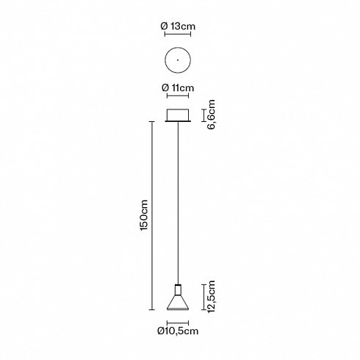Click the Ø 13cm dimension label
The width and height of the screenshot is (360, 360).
[x=178, y=26]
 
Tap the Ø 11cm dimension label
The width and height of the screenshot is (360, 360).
[x=178, y=87]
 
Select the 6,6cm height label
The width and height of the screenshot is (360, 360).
[x=211, y=115]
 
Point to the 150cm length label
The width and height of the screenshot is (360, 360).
[x=144, y=215]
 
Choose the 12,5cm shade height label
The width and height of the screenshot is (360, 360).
[x=211, y=297]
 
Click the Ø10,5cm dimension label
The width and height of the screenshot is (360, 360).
[x=178, y=331]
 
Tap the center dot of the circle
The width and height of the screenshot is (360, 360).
[x=178, y=60]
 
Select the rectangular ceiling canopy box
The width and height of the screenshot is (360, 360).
[x=178, y=115]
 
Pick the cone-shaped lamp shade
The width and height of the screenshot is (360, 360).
[x=178, y=302]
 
